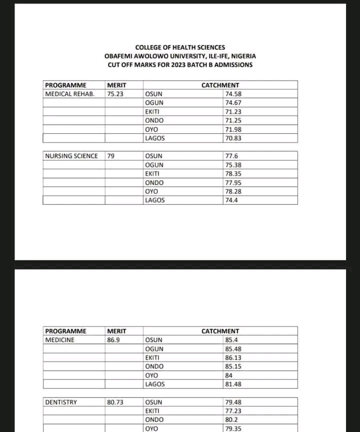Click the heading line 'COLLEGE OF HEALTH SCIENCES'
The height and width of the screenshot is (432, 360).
click(180, 47)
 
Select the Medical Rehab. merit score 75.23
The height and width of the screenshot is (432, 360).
click(115, 94)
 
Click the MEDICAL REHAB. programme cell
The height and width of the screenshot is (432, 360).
click(70, 94)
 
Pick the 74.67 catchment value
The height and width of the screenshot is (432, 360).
click(233, 103)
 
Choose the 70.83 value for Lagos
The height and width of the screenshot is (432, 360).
click(233, 138)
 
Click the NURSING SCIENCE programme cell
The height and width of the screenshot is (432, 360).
click(71, 156)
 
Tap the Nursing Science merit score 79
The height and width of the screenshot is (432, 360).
click(111, 156)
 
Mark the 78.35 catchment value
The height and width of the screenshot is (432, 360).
click(233, 174)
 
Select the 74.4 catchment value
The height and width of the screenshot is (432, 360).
click(231, 200)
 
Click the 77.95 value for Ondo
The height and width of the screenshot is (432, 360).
click(233, 183)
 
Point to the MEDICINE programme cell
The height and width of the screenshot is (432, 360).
click(60, 340)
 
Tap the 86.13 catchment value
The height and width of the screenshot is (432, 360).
click(233, 358)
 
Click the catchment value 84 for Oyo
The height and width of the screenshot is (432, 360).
click(229, 375)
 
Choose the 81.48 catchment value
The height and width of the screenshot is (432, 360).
click(233, 384)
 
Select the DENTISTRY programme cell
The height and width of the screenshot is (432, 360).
click(61, 402)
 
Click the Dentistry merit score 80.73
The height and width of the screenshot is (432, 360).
click(115, 402)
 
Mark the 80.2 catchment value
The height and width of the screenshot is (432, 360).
click(231, 419)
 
